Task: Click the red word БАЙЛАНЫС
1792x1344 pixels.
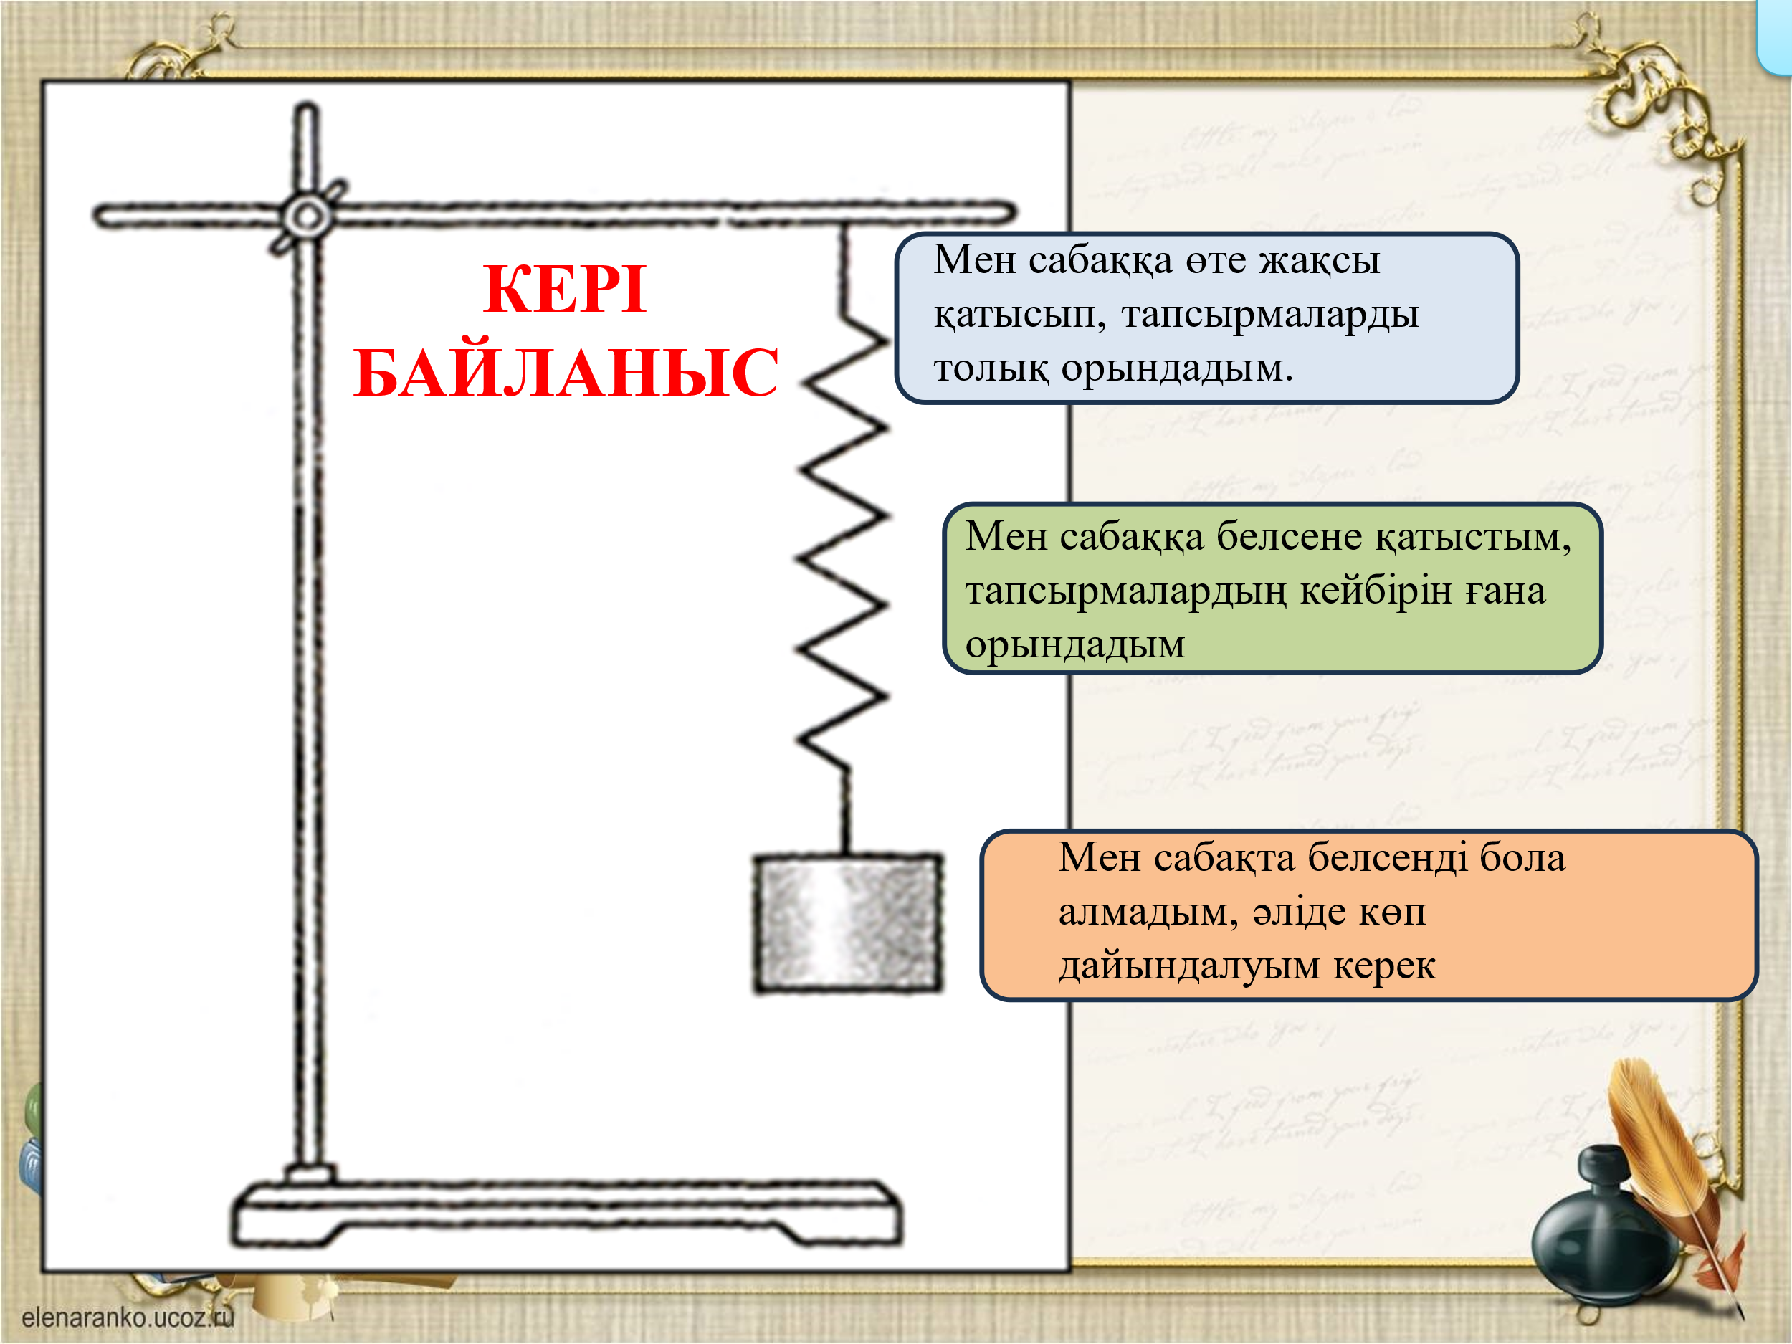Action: tap(566, 373)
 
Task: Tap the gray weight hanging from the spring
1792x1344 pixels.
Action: tap(847, 923)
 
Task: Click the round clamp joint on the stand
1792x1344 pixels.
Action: tap(307, 216)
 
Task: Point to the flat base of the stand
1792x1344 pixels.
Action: tap(566, 1215)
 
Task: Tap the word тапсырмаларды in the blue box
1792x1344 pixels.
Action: tap(1269, 315)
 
